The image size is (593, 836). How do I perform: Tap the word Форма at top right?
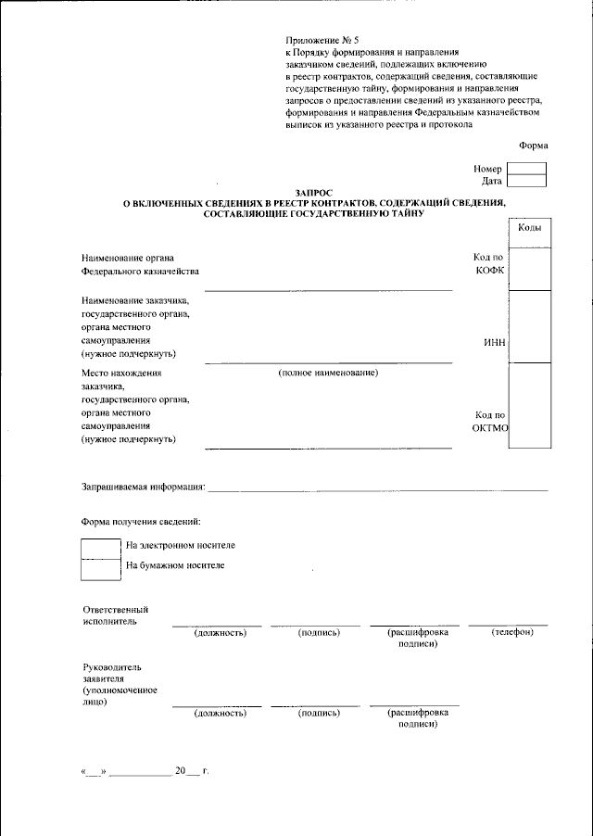(533, 145)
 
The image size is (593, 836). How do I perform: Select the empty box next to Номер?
(526, 169)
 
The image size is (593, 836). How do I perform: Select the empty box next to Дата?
(526, 182)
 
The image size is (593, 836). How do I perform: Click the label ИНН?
(494, 342)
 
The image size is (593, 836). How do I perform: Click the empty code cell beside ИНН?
(530, 326)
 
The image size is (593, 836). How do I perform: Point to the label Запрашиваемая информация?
(143, 487)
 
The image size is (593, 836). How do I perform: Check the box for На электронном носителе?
(101, 548)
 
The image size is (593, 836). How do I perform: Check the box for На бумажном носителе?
(101, 568)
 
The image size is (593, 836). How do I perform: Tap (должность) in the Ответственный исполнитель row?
(220, 633)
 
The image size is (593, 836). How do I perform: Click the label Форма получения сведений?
(141, 524)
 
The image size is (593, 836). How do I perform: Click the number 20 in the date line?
(181, 771)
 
